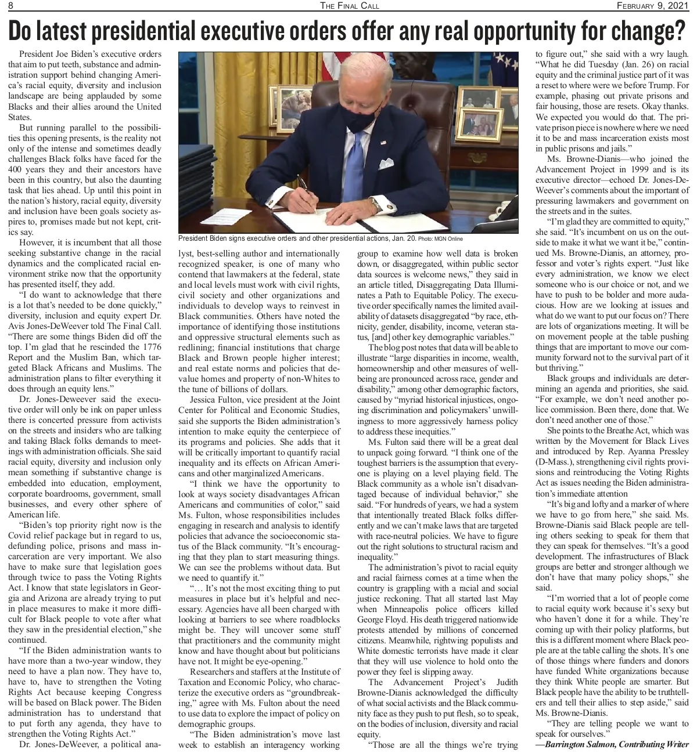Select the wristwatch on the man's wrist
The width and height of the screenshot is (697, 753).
tap(376, 204)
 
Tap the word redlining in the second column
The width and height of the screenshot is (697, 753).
tap(196, 347)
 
